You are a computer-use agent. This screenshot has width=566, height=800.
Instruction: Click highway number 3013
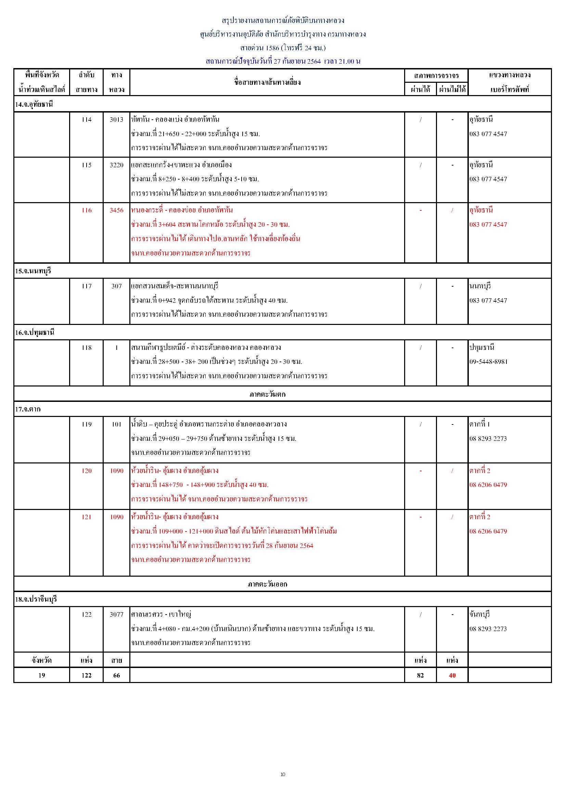tap(116, 119)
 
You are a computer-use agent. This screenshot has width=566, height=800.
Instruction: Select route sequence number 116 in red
tap(87, 210)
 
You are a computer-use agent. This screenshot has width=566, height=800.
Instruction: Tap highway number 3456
tap(116, 210)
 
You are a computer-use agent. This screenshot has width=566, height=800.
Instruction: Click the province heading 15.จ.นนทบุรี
tap(33, 271)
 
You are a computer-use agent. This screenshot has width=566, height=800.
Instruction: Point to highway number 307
tap(116, 286)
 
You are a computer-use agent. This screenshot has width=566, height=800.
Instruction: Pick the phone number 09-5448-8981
tap(488, 362)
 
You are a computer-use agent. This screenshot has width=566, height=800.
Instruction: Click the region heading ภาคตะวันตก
tap(267, 394)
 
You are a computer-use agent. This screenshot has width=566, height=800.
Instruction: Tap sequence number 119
tap(87, 424)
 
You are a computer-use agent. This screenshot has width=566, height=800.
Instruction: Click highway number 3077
tap(116, 614)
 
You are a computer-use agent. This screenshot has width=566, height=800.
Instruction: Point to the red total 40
tap(452, 675)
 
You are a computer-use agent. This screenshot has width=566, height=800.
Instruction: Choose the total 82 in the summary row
tap(420, 675)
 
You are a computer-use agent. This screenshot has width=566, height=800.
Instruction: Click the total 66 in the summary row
tap(116, 675)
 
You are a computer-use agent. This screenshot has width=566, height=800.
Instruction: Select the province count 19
tap(41, 675)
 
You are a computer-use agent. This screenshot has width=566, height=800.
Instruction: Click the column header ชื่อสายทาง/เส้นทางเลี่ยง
tap(267, 82)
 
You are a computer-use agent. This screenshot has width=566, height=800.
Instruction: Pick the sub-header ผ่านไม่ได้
tap(452, 90)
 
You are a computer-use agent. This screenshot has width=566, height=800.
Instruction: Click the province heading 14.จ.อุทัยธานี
tap(34, 104)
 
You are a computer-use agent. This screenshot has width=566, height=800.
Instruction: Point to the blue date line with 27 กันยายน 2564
tap(283, 61)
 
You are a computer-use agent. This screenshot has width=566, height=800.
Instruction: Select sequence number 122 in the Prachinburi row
tap(87, 614)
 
